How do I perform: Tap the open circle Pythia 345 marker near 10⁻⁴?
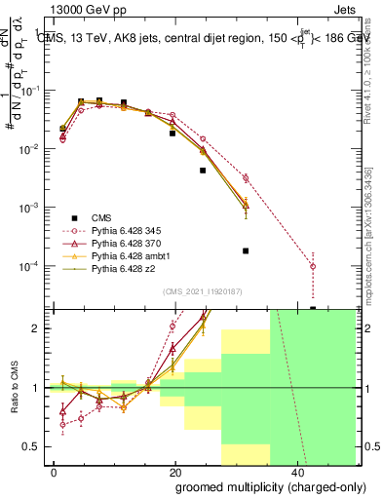coord(313,266)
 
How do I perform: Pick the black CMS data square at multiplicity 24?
coord(203,170)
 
